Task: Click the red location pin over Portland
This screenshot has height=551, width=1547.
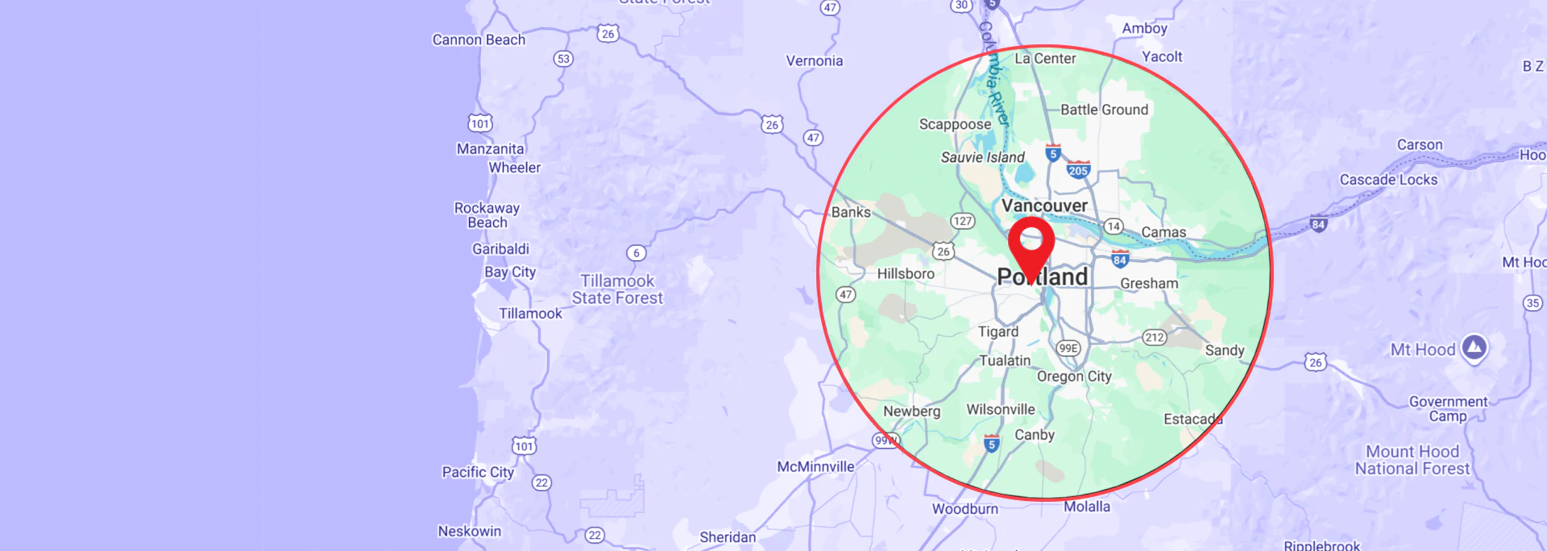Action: (1031, 245)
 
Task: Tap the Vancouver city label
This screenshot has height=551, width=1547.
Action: (1044, 205)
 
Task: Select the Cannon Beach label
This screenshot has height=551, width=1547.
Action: (479, 39)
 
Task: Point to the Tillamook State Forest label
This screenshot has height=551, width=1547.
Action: (617, 289)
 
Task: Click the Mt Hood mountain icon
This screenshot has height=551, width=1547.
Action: (1474, 347)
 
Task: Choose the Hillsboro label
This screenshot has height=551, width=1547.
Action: (906, 274)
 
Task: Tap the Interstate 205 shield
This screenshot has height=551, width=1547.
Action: (1078, 169)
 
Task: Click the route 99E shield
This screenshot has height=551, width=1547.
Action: (1068, 348)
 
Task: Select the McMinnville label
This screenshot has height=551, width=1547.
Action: (815, 466)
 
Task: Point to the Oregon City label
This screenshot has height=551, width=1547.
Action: (1074, 376)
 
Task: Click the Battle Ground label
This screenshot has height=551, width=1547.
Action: (1104, 110)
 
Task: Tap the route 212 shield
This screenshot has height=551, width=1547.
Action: (1155, 338)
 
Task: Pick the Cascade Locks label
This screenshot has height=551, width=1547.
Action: (1388, 180)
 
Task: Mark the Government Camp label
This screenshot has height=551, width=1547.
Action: (1448, 408)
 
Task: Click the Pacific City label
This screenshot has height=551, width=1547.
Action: (478, 472)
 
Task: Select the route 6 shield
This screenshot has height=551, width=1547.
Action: (637, 253)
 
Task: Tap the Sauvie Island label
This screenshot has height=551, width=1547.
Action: (983, 157)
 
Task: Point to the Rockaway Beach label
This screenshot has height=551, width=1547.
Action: (487, 215)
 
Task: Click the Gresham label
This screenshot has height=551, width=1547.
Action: (1149, 284)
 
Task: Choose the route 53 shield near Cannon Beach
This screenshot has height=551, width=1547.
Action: (563, 59)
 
